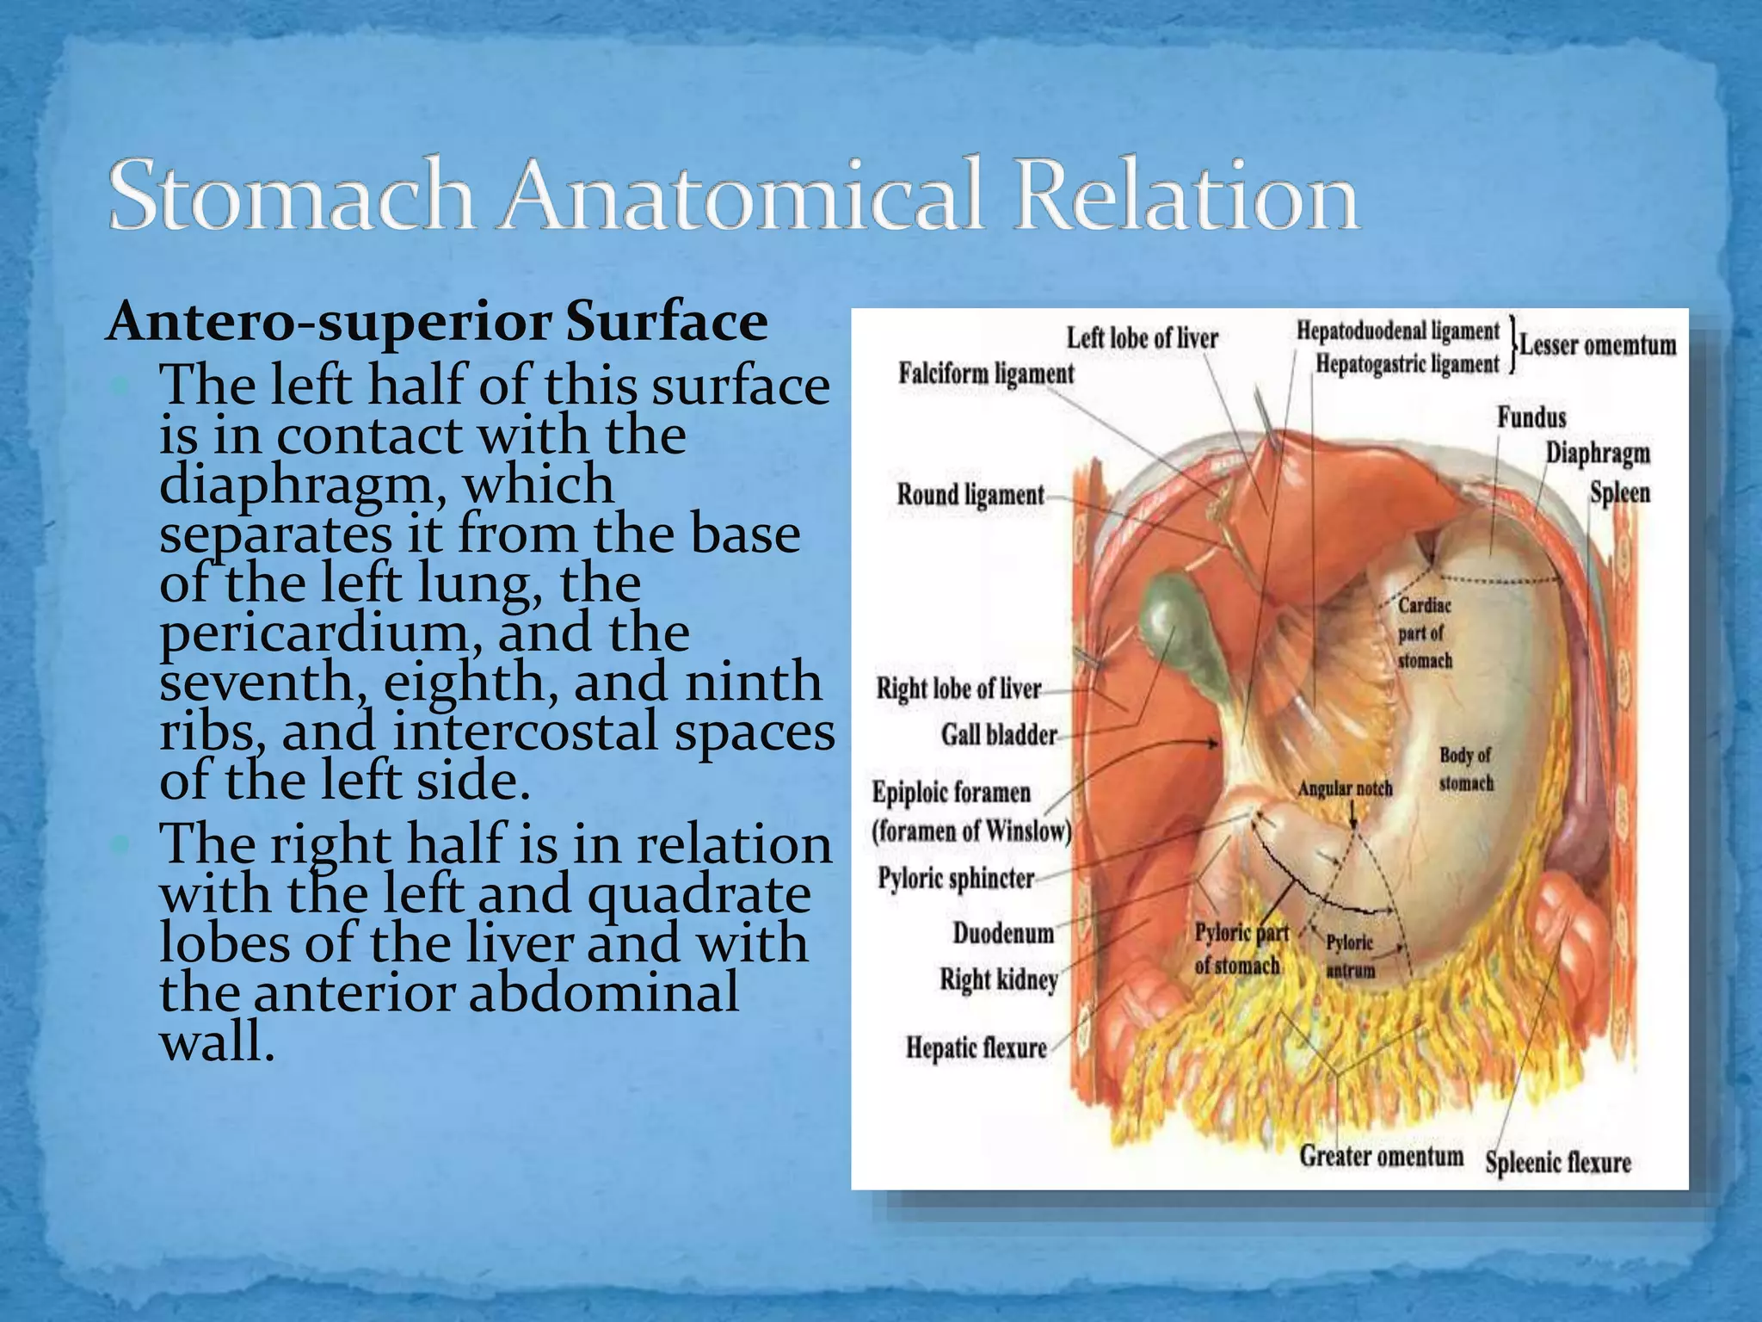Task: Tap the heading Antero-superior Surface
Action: point(436,322)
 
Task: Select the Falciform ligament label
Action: point(986,374)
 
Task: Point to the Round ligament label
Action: point(970,495)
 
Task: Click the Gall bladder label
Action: point(998,735)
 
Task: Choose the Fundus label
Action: point(1531,418)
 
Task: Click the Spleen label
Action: point(1619,493)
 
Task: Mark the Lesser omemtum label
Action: point(1598,345)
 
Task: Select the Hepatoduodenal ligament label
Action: point(1397,330)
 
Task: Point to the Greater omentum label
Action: point(1381,1156)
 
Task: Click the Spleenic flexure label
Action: point(1557,1163)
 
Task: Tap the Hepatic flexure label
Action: point(976,1048)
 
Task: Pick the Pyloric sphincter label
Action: point(955,879)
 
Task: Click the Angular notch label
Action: point(1345,788)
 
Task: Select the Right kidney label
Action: point(998,979)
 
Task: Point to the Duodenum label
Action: point(1002,933)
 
